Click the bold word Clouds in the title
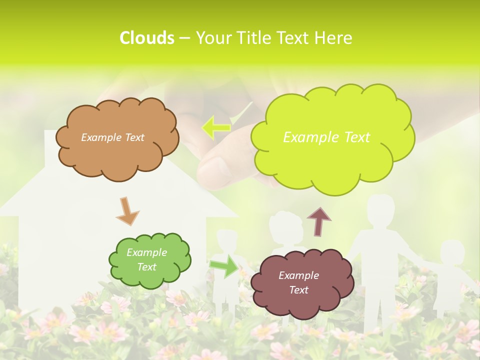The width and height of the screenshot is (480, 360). click(x=146, y=38)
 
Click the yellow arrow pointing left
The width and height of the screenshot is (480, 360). click(x=216, y=126)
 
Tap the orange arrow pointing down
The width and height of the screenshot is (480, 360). click(x=127, y=211)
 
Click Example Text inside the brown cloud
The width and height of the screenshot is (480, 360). click(x=112, y=137)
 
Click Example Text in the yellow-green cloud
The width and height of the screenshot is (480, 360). click(x=326, y=137)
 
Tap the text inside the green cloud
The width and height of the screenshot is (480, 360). click(x=146, y=260)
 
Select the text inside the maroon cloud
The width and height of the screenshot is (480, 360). click(x=298, y=282)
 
